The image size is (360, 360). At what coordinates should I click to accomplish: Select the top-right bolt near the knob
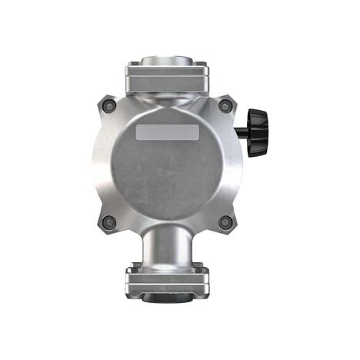click(225, 106)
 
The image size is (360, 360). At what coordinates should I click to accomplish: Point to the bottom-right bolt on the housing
click(225, 222)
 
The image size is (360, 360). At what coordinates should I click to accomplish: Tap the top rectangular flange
click(167, 76)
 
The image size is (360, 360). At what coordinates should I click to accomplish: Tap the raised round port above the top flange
click(167, 60)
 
